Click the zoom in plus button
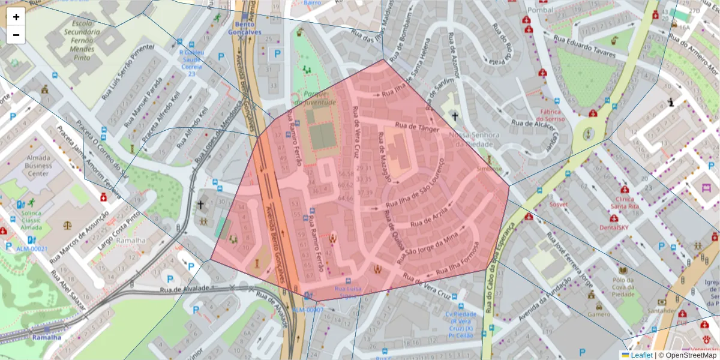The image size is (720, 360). tap(16, 17)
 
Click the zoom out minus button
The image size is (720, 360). tap(16, 35)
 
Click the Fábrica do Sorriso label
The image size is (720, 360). tap(550, 115)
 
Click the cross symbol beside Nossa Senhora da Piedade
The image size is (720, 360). tap(455, 116)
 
